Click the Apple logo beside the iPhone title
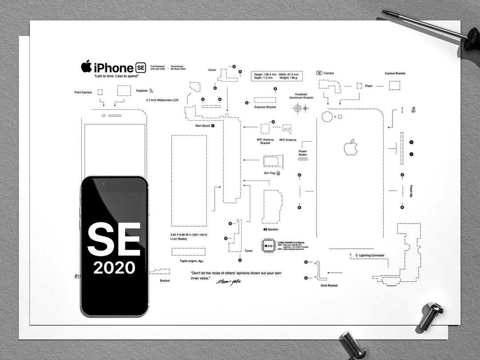[86, 67]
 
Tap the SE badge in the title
[140, 68]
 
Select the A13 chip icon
[268, 245]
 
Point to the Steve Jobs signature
[228, 282]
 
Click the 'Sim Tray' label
[270, 173]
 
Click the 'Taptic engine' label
[189, 261]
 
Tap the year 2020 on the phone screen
[114, 267]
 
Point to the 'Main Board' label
[203, 126]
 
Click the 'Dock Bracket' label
[329, 285]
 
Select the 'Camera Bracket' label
[395, 73]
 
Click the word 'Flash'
[368, 86]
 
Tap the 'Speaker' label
[273, 229]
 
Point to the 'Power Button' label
[303, 153]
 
